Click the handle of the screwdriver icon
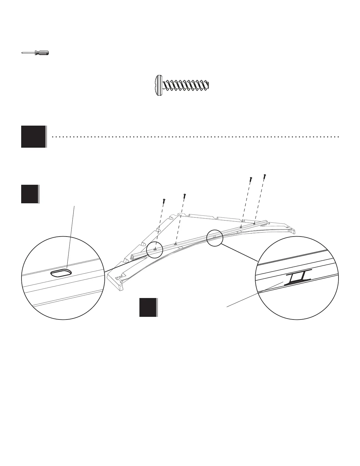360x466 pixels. pos(42,53)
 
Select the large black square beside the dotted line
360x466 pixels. pos(34,137)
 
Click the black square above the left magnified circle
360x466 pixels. pos(29,194)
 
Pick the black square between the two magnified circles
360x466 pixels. pos(148,307)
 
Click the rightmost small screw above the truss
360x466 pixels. pos(265,176)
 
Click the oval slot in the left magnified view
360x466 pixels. pos(61,273)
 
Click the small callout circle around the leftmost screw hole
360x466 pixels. pos(155,249)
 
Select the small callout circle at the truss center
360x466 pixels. pos(215,238)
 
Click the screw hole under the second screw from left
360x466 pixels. pos(175,244)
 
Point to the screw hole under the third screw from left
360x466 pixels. pos(241,227)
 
